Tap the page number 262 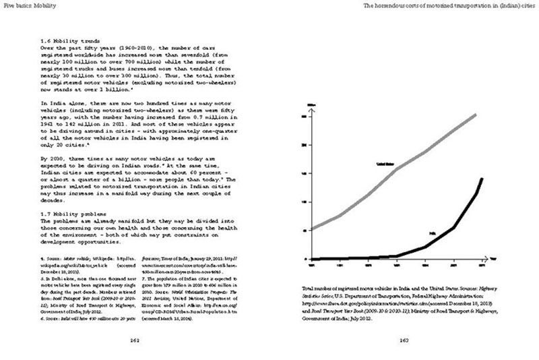tap(135, 340)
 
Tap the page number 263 tap(404, 340)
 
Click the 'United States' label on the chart tap(385, 164)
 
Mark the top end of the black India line tap(482, 179)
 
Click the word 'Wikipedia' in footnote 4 tap(92, 258)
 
